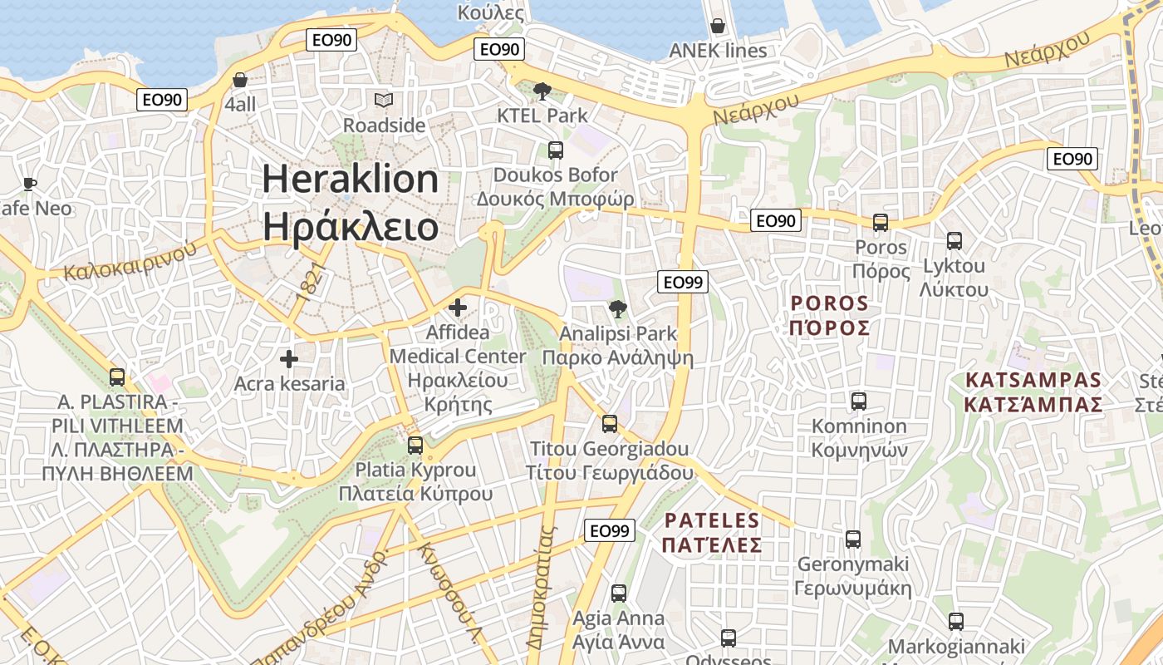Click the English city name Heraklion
[x=351, y=180]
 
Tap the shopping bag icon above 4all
[x=240, y=80]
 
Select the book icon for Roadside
[x=383, y=101]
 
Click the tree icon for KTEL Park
[x=542, y=91]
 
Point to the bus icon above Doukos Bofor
[x=555, y=150]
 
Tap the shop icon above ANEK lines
[x=718, y=26]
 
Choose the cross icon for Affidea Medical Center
[x=457, y=308]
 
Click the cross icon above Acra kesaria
[x=288, y=359]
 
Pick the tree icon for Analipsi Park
[x=617, y=309]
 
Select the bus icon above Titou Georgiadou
[x=610, y=424]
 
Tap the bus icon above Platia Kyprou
[x=415, y=445]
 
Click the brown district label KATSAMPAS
[x=1033, y=381]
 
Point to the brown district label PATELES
[x=713, y=521]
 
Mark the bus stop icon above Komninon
[x=859, y=401]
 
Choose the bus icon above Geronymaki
[x=852, y=539]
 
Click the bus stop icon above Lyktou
[x=954, y=241]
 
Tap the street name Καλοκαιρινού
[x=130, y=260]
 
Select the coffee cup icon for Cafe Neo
[x=30, y=184]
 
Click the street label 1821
[x=308, y=284]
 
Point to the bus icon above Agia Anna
[x=618, y=594]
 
